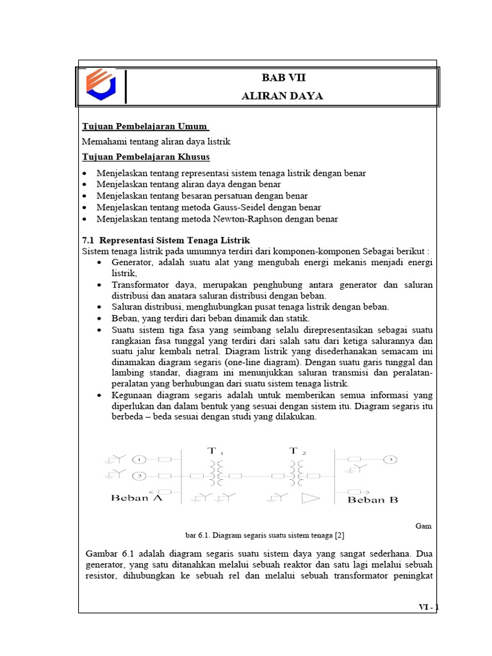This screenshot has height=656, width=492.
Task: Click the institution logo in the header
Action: pos(103,86)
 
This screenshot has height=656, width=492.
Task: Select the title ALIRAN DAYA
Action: pos(282,96)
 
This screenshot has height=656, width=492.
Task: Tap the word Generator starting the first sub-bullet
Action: pos(127,263)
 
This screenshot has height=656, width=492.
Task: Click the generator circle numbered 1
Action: pos(140,459)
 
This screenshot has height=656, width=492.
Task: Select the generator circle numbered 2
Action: pos(140,476)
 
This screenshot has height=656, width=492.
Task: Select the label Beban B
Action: pos(372,500)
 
